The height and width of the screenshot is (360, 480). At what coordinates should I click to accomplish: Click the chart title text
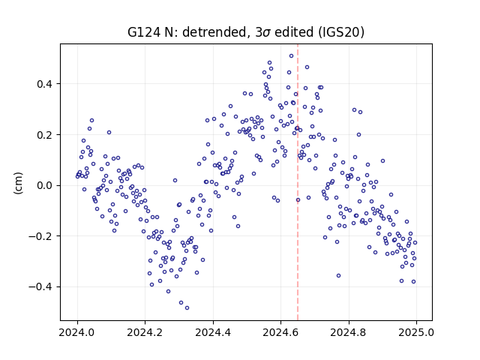coord(246,32)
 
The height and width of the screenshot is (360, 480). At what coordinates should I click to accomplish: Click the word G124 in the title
coord(143,32)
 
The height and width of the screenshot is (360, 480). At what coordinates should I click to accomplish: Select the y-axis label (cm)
coord(18,183)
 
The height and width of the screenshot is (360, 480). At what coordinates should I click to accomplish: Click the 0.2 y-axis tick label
coord(45,135)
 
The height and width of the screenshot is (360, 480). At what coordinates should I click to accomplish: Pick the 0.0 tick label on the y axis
coord(45,185)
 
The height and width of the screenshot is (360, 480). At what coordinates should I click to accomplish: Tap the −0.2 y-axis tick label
coord(41,236)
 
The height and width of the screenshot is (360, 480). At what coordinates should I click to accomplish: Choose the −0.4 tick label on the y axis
coord(41,286)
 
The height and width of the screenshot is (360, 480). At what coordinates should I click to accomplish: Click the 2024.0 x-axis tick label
coord(77,332)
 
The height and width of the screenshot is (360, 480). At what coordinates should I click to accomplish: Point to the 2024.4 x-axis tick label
coord(213,332)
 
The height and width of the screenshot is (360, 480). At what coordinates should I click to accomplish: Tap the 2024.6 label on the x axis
coord(280,332)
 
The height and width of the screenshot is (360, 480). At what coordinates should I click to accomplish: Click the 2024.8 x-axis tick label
coord(348,332)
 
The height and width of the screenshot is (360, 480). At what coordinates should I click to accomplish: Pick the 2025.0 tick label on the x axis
coord(416,332)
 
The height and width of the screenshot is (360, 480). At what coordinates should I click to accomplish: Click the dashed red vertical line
coord(298,182)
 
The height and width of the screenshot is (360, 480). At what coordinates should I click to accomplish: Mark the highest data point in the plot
coord(292,56)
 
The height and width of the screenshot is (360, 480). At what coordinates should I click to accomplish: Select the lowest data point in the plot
coord(187,308)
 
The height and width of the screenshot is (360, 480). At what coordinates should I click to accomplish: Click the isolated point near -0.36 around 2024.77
coord(338,276)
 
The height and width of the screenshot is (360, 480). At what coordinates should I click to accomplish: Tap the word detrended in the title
coord(214,32)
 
